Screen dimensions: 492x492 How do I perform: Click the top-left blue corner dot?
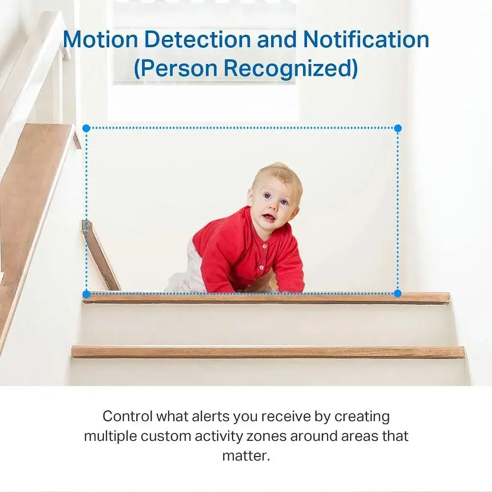[x=86, y=128]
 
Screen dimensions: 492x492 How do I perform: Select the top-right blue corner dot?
[x=398, y=128]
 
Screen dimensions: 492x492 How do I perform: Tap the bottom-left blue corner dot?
[x=86, y=294]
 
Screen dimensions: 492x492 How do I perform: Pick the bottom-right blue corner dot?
[x=398, y=294]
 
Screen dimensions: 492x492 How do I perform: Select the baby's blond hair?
[x=280, y=175]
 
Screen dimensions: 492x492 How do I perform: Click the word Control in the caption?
[x=127, y=416]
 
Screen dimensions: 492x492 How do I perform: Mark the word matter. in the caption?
[x=246, y=455]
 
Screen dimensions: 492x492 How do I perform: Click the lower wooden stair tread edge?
[x=268, y=352]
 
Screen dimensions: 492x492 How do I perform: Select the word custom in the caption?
[x=165, y=436]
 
